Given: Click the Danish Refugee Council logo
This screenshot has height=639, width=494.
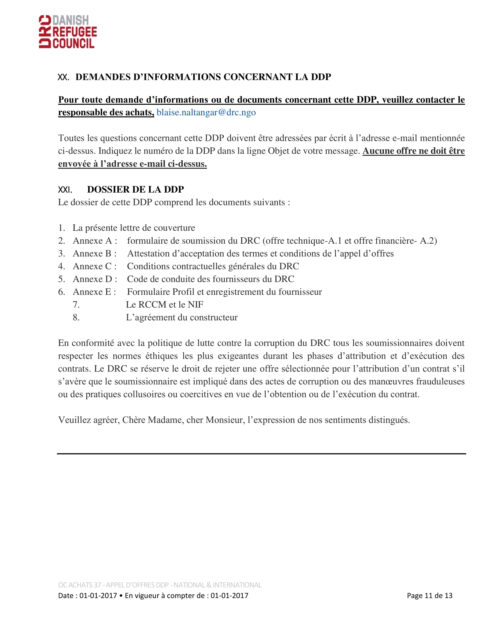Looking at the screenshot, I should pyautogui.click(x=68, y=32).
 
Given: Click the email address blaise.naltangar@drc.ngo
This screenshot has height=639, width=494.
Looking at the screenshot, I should pyautogui.click(x=206, y=112).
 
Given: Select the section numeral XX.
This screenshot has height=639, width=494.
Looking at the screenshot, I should pyautogui.click(x=63, y=77).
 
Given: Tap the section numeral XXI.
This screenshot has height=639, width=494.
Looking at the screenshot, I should pyautogui.click(x=65, y=190).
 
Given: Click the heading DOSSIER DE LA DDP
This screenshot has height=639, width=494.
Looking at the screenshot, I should pyautogui.click(x=135, y=189).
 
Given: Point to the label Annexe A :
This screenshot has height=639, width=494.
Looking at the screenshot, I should pyautogui.click(x=95, y=240).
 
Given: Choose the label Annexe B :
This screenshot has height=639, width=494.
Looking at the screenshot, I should pyautogui.click(x=94, y=253).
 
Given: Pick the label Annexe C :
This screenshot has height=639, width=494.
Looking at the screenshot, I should pyautogui.click(x=94, y=266).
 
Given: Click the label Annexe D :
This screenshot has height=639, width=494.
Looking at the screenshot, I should pyautogui.click(x=95, y=279).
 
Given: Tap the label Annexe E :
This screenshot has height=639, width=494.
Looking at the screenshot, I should pyautogui.click(x=94, y=292).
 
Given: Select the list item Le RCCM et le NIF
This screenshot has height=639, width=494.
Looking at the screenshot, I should pyautogui.click(x=164, y=305).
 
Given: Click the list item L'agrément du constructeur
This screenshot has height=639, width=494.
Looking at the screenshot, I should pyautogui.click(x=182, y=317).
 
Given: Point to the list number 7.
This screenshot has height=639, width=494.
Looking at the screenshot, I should pyautogui.click(x=76, y=305).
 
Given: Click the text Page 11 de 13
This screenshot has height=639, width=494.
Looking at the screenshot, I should pyautogui.click(x=429, y=595).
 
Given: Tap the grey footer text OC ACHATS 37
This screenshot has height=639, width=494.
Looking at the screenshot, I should pyautogui.click(x=80, y=585).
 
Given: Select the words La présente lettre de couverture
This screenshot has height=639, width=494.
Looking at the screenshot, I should pyautogui.click(x=134, y=228).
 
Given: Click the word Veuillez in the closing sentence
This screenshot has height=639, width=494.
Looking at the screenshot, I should pyautogui.click(x=74, y=420).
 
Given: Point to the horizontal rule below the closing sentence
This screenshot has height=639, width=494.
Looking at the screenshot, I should pyautogui.click(x=261, y=453).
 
